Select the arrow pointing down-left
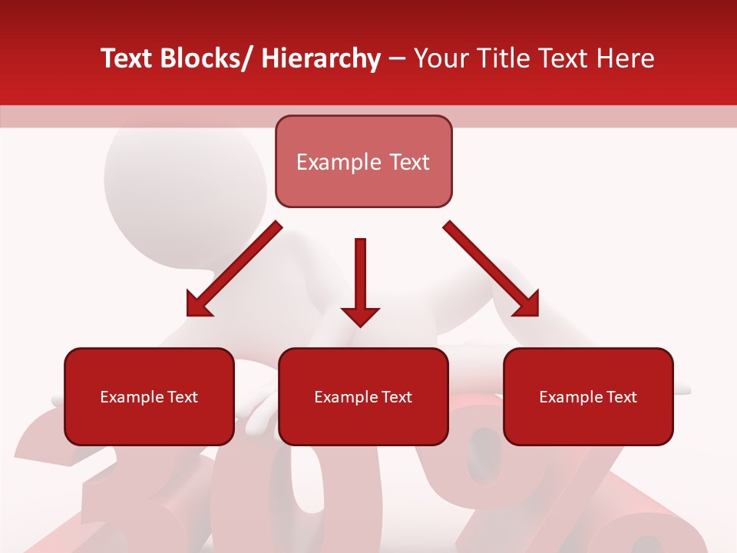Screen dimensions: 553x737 pos(234,270)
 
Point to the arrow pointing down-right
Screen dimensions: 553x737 pos(491,269)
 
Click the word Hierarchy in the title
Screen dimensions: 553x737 pos(321,58)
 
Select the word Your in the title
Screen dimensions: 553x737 pos(441,58)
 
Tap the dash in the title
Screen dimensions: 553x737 pos(397,58)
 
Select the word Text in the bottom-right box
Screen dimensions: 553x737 pos(621,397)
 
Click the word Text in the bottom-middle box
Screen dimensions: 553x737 pos(396,397)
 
